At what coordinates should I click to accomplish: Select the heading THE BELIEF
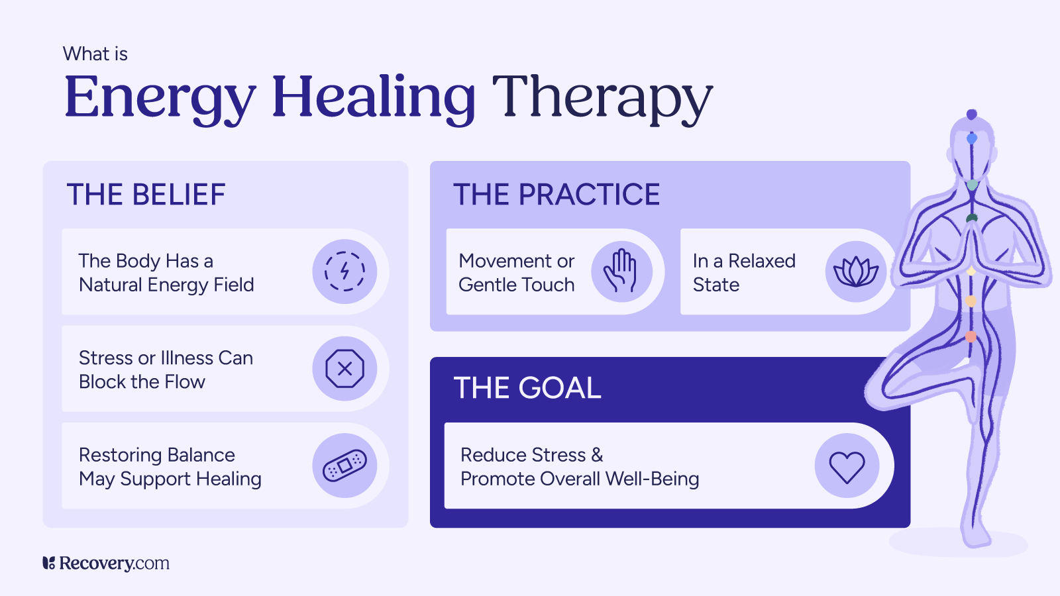click(x=146, y=195)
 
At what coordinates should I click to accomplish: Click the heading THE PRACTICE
click(x=556, y=195)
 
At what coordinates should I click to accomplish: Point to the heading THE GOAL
click(x=527, y=388)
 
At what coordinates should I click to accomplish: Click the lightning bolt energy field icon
click(x=344, y=272)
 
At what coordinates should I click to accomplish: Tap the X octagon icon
click(x=344, y=369)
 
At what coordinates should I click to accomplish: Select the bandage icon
click(x=344, y=466)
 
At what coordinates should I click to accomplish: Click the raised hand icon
click(x=621, y=272)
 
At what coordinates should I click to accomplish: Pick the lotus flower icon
click(x=856, y=272)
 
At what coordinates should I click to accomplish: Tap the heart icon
click(x=847, y=466)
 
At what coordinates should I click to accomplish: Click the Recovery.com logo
click(x=106, y=564)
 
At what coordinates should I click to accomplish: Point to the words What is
click(x=95, y=54)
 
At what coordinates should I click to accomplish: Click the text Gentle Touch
click(x=517, y=285)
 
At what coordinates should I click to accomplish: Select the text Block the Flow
click(x=142, y=382)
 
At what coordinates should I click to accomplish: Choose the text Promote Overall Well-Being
click(x=580, y=479)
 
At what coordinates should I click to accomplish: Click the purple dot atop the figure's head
click(x=972, y=115)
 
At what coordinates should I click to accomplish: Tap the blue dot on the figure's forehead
click(x=972, y=138)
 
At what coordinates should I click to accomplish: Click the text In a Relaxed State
click(x=743, y=273)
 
